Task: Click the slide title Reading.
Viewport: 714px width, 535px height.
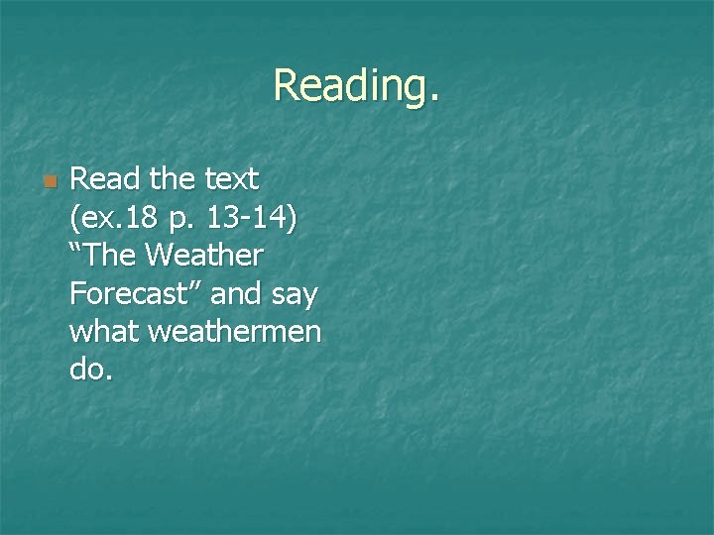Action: (356, 85)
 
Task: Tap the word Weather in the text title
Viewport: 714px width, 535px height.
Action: (203, 256)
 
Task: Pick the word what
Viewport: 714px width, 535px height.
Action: (105, 332)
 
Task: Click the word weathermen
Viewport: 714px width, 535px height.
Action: (235, 332)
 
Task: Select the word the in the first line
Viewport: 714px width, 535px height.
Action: (174, 180)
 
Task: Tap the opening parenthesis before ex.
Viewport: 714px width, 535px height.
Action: (75, 218)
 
